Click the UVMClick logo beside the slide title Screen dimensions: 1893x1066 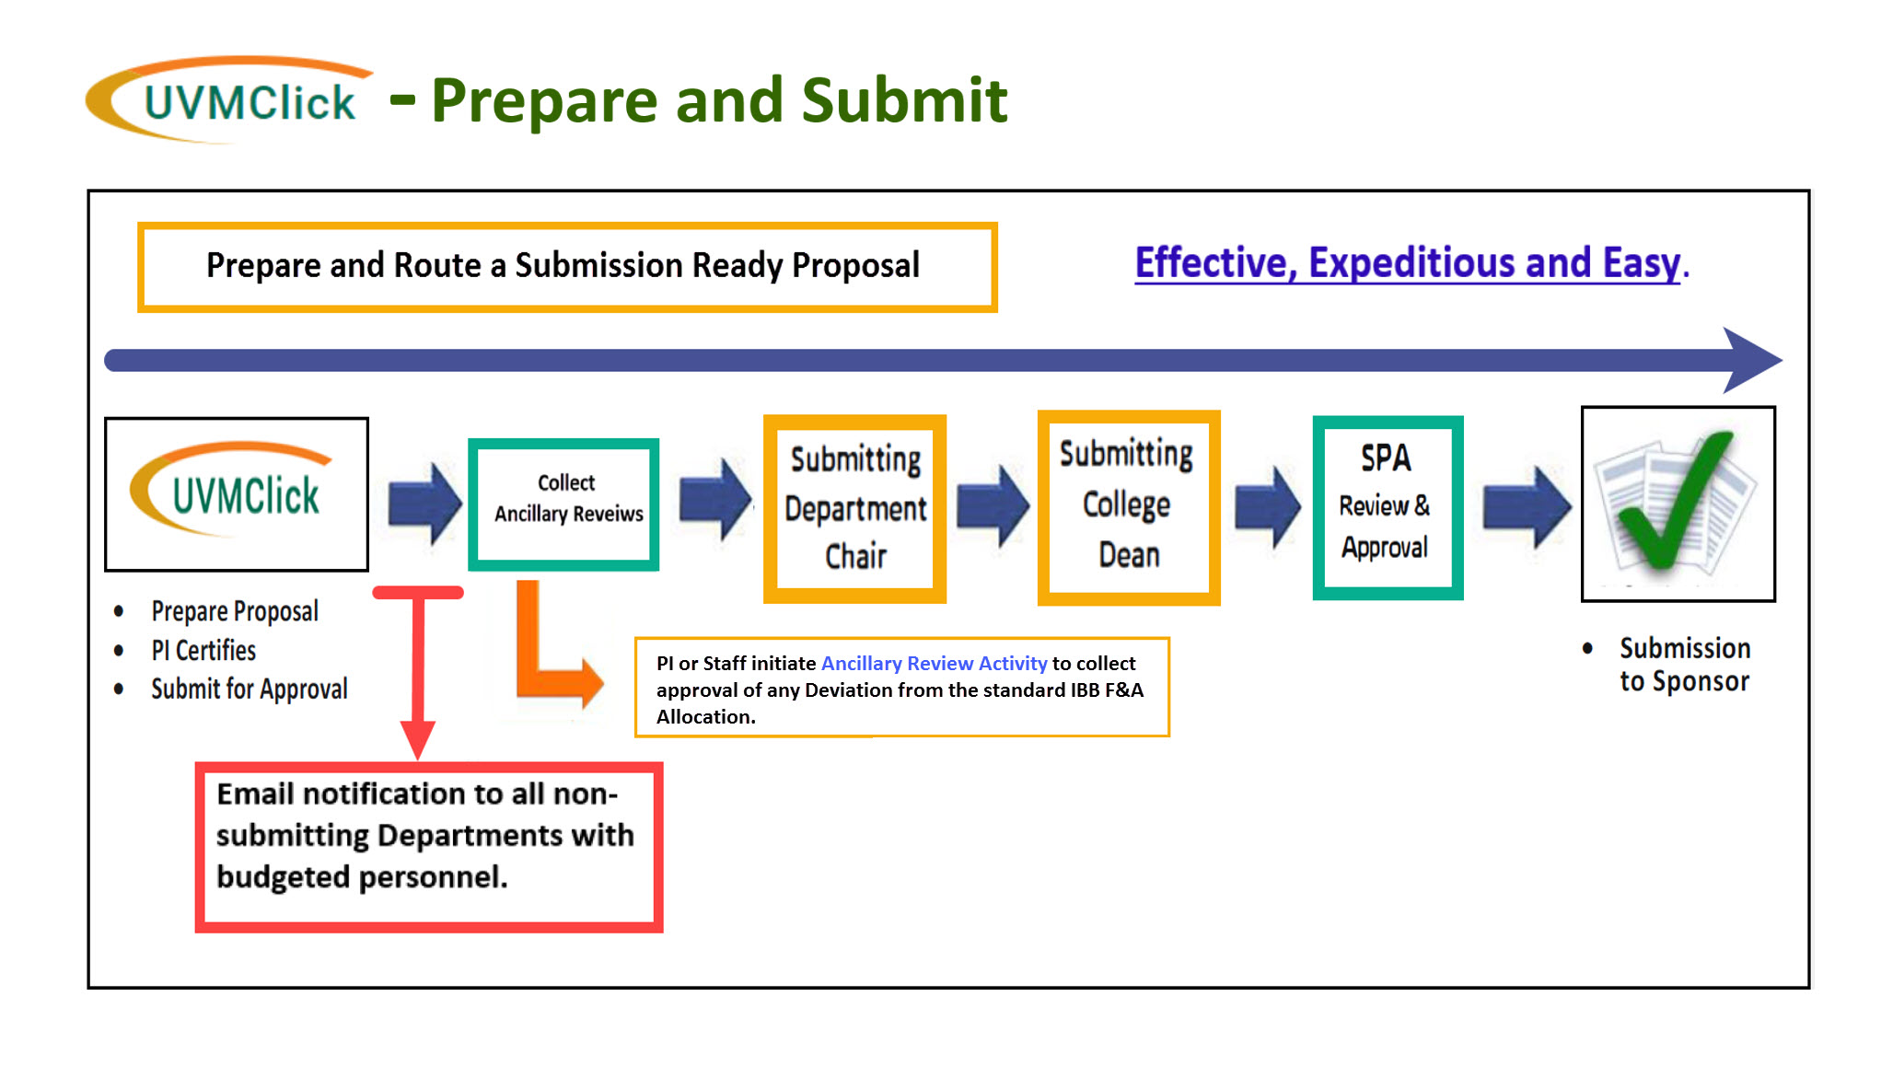coord(228,99)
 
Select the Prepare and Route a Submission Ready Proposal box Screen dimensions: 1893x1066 coord(567,267)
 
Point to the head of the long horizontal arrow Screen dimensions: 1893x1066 coord(1753,360)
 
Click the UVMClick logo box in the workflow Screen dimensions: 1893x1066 coord(237,494)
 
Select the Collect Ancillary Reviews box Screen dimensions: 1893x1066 coord(563,504)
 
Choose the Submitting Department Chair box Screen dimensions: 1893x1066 coord(855,509)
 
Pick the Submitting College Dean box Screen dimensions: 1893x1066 coord(1129,507)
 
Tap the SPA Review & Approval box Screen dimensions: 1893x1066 coord(1388,507)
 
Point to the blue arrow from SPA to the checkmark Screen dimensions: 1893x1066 coord(1527,507)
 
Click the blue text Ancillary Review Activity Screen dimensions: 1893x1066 coord(934,664)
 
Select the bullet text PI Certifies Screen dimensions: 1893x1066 coord(203,651)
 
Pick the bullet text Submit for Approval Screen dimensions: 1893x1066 coord(250,689)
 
